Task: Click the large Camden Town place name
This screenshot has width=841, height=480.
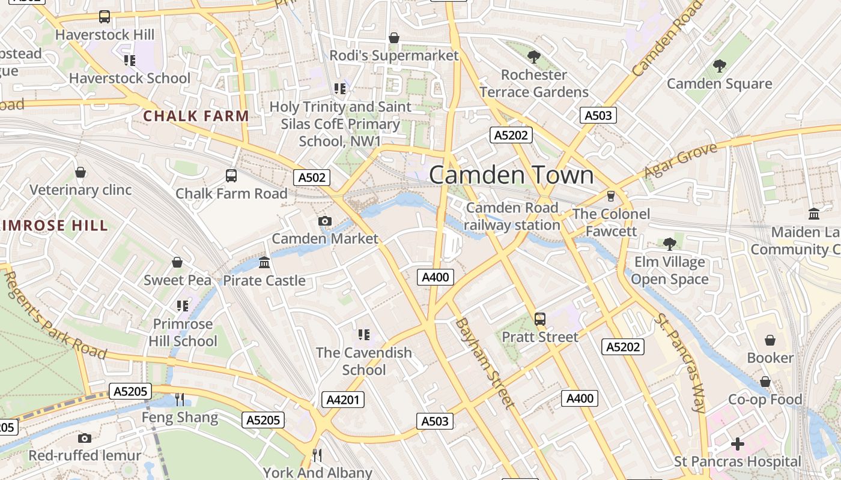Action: point(511,175)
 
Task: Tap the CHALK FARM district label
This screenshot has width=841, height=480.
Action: point(196,116)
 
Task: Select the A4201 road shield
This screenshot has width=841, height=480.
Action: point(343,400)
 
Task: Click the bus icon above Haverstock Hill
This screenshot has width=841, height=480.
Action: point(105,17)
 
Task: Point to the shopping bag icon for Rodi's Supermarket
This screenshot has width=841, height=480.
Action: point(394,38)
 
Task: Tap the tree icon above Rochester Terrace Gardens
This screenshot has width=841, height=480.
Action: point(533,57)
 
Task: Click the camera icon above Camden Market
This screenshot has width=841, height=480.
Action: point(325,221)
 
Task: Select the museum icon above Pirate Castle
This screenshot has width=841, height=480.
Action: point(264,263)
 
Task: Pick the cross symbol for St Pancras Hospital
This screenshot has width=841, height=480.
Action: point(738,444)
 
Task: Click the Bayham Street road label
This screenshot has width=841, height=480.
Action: point(485,363)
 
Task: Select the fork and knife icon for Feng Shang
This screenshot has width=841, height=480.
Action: point(180,400)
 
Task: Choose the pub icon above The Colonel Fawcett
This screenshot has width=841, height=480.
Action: point(612,196)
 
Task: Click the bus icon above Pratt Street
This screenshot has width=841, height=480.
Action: point(540,319)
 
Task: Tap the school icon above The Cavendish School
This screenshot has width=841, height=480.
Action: point(364,334)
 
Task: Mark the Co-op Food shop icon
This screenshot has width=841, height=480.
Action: point(765,382)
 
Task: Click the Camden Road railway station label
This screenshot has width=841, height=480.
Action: point(512,217)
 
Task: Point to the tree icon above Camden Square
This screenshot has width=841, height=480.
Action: point(719,66)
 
